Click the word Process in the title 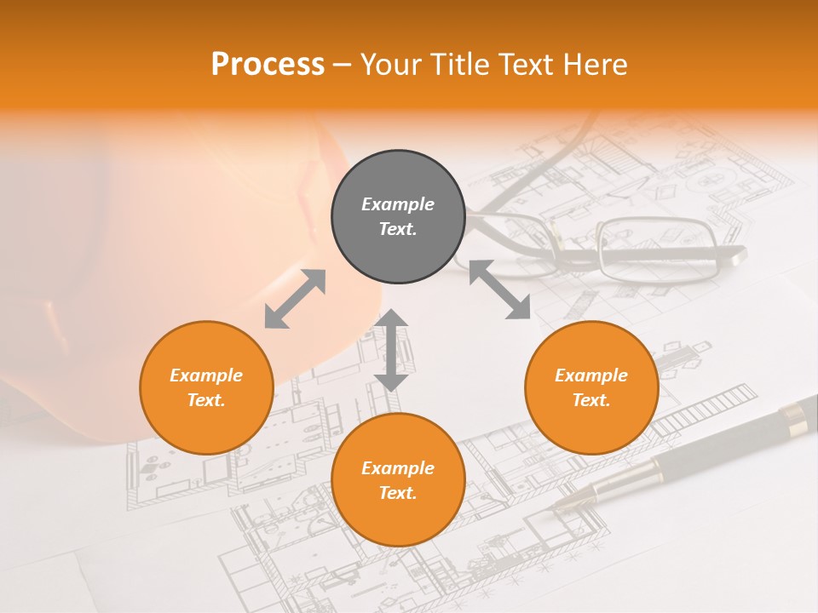pos(268,65)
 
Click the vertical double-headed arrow pos(391,350)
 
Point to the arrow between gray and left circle pos(295,298)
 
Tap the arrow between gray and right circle pos(499,289)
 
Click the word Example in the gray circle pos(398,204)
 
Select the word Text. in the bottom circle pos(398,493)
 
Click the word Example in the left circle pos(206,375)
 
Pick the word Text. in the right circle pos(591,400)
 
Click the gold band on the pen pos(794,416)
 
